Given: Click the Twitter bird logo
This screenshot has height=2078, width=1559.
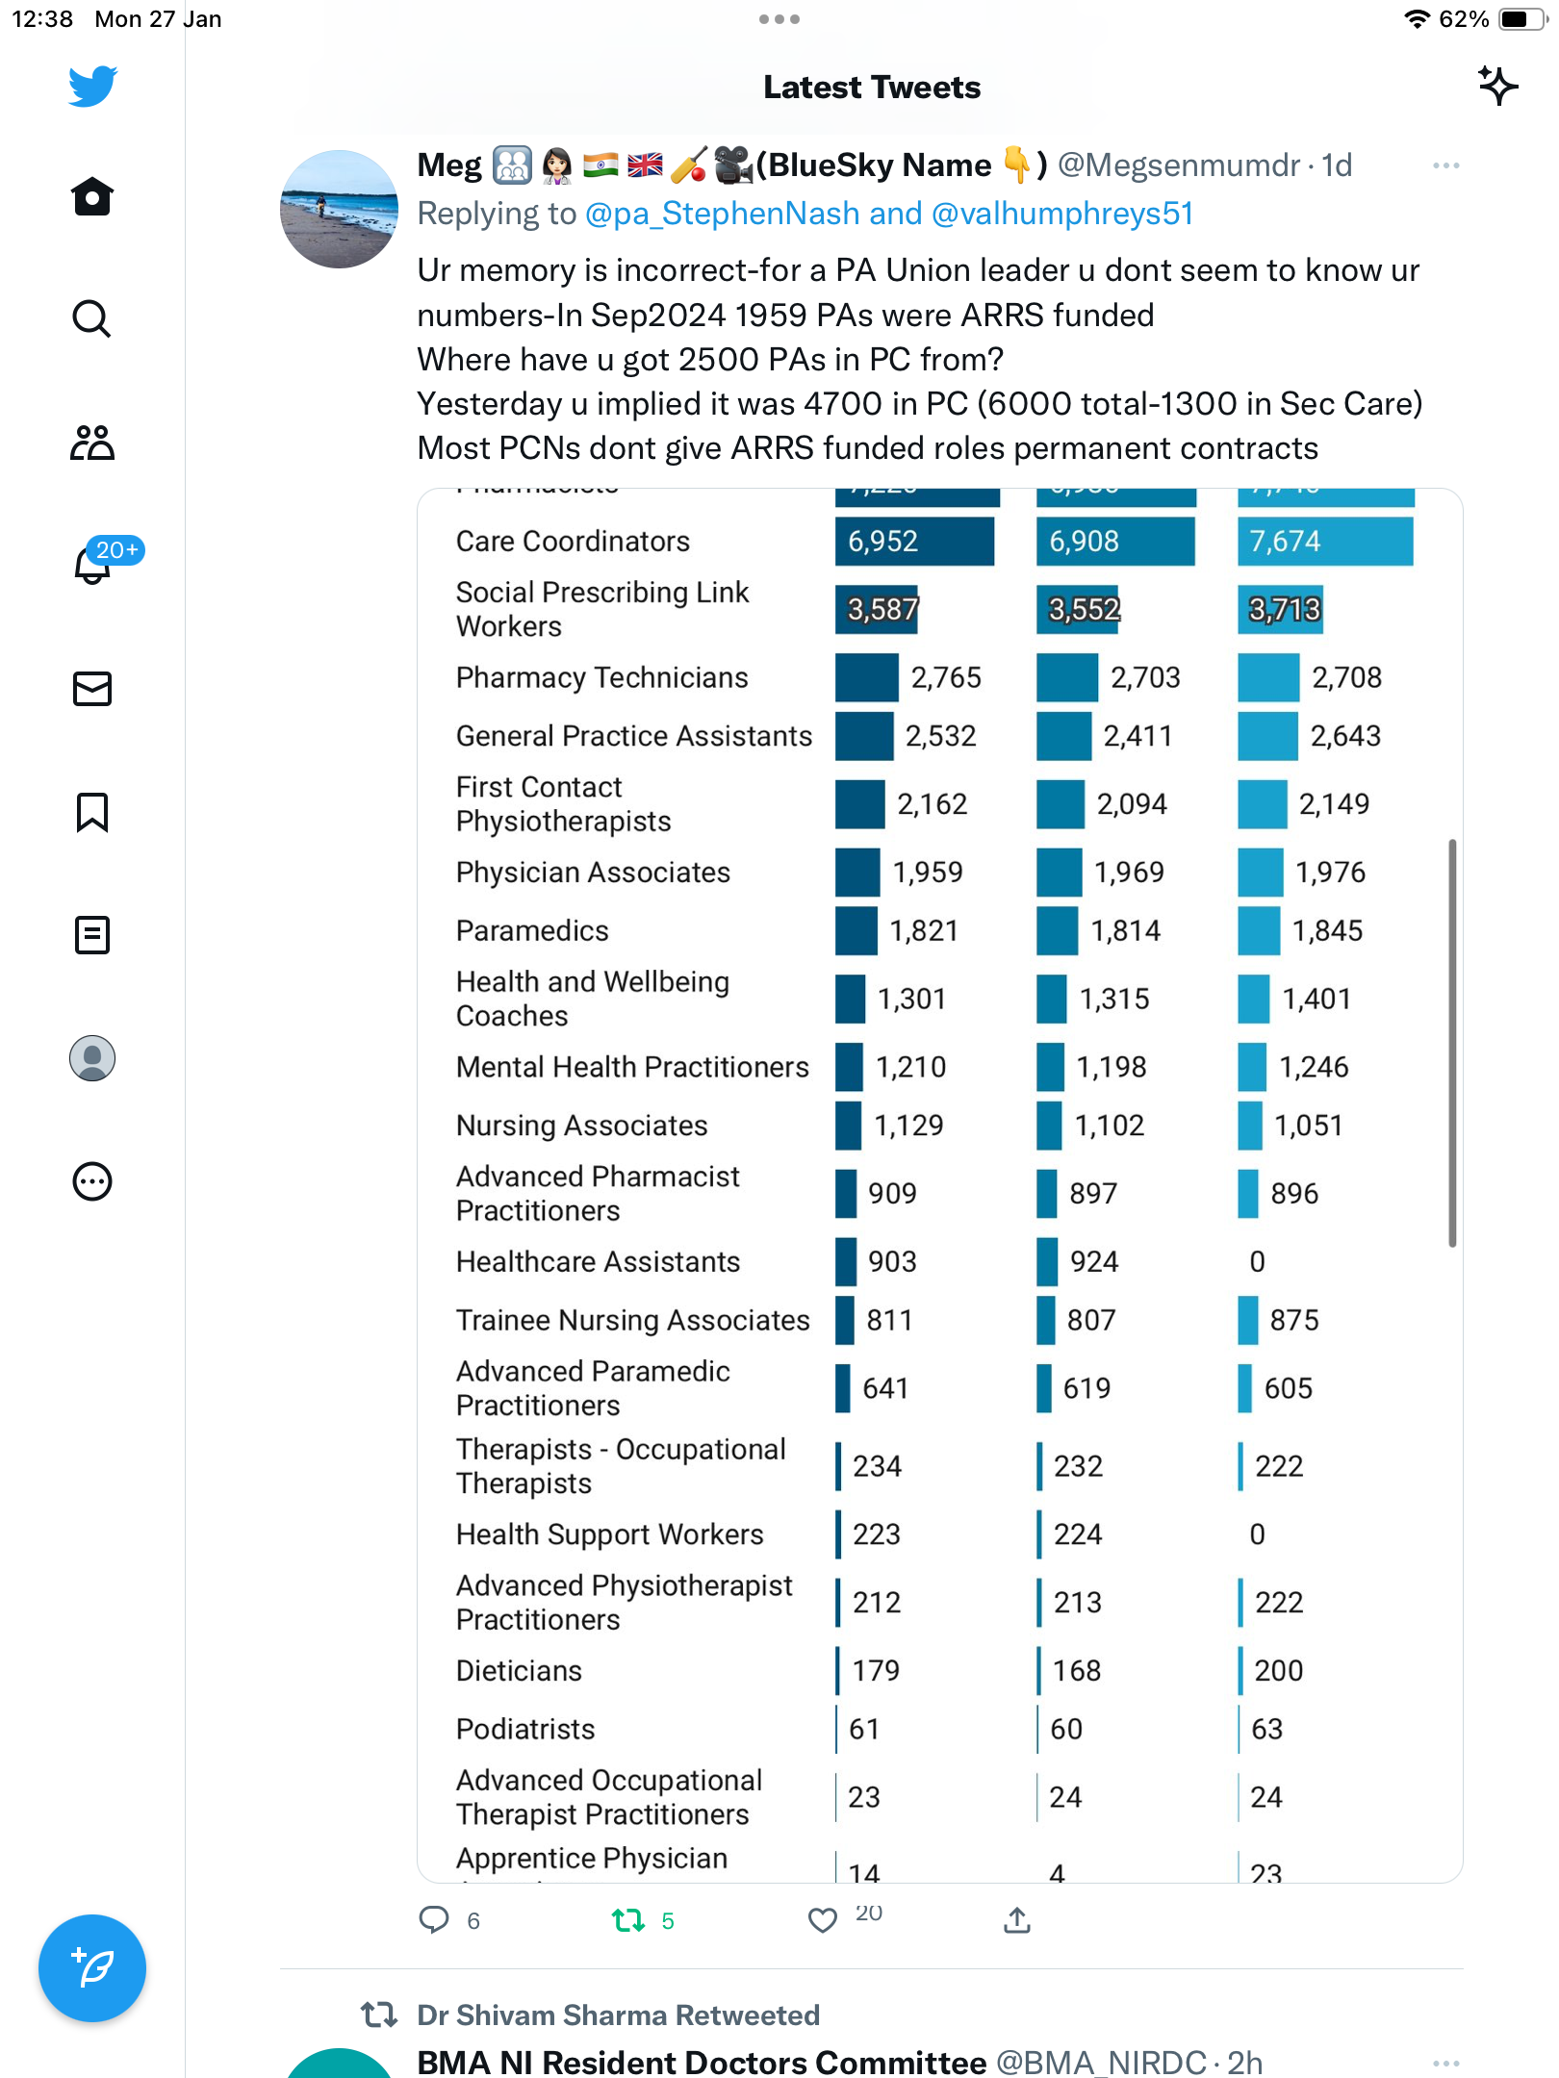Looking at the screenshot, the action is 92,87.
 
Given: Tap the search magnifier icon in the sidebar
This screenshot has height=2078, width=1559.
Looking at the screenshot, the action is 91,318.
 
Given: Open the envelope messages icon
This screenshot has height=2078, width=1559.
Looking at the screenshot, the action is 92,689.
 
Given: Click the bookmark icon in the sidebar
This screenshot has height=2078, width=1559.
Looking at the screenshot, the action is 92,812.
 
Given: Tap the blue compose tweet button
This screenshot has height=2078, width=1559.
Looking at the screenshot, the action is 92,1968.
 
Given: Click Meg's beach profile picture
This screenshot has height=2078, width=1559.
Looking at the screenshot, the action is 339,209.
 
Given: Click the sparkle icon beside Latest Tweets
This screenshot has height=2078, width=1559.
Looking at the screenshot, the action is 1497,87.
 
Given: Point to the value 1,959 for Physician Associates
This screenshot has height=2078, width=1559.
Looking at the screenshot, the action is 928,872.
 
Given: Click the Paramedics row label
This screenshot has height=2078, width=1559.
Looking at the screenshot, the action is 532,930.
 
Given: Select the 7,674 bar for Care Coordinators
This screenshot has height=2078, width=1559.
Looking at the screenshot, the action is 1325,541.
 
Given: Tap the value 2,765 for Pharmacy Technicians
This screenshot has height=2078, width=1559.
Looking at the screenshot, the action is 946,677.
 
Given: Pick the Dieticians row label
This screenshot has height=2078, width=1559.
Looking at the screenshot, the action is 519,1670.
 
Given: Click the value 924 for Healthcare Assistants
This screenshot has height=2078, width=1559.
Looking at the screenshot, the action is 1094,1261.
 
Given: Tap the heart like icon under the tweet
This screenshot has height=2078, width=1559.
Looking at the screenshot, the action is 823,1920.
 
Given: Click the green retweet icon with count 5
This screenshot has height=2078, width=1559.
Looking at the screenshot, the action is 628,1920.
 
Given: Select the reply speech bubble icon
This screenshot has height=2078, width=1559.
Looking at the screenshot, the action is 434,1920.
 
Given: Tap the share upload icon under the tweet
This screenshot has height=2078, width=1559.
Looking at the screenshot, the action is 1017,1919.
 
